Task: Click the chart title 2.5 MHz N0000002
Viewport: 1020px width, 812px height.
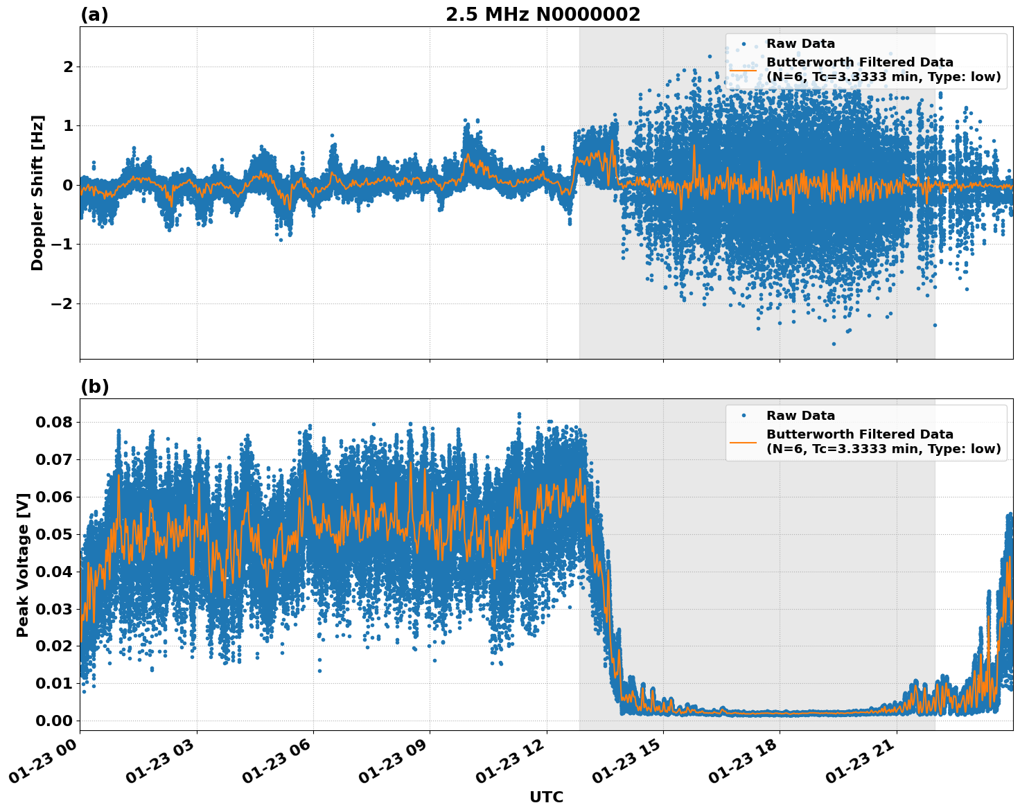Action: [x=543, y=15]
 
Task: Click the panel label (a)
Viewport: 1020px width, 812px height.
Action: [x=94, y=15]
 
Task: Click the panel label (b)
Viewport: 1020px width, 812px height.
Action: [x=94, y=387]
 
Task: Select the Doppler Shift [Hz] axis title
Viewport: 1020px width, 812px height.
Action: [x=37, y=193]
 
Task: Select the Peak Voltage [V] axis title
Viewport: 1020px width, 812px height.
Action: [x=23, y=565]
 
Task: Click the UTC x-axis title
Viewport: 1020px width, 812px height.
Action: [x=546, y=797]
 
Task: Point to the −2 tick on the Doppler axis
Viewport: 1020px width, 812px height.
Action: [x=62, y=303]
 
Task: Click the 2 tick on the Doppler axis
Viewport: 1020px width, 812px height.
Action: [x=68, y=67]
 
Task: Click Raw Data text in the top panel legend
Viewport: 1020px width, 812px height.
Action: [x=800, y=44]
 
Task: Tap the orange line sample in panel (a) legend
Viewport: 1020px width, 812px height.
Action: [x=744, y=69]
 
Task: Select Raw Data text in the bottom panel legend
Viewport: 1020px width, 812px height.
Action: [x=800, y=416]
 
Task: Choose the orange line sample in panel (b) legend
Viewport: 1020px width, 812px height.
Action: [x=744, y=441]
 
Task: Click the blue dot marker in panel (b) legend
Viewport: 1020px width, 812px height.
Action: [x=744, y=416]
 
